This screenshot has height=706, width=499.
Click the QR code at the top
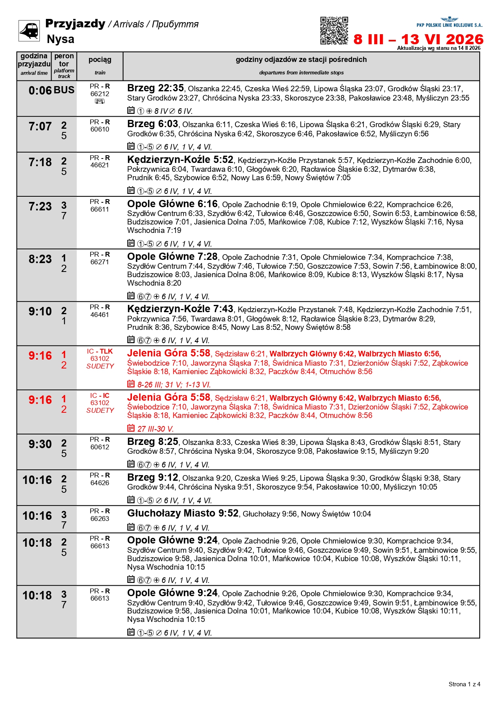(x=334, y=31)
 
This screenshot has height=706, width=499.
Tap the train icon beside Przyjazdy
(x=29, y=31)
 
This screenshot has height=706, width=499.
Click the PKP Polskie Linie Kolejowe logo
(x=449, y=22)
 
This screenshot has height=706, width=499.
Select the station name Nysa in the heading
(x=60, y=39)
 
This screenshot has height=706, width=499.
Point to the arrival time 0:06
(x=40, y=91)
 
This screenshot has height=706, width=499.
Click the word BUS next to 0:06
(x=64, y=90)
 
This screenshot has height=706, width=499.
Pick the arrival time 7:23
(x=40, y=207)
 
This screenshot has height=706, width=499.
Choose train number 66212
(x=100, y=94)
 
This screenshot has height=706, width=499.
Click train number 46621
(x=100, y=165)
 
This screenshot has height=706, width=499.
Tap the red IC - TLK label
(x=100, y=351)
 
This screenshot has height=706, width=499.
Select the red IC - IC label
(x=100, y=395)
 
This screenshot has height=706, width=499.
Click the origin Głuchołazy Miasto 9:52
(x=183, y=513)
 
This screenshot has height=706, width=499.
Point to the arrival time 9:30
(x=40, y=444)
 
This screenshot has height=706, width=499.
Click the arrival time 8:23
(x=40, y=259)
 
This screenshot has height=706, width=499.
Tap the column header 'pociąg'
(x=100, y=60)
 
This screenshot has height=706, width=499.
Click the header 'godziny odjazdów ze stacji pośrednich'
(x=301, y=60)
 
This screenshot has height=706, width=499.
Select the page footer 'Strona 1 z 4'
(x=464, y=684)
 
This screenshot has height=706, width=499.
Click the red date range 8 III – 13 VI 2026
(x=418, y=39)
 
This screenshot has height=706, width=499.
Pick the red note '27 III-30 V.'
(x=155, y=429)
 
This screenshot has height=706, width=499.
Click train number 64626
(x=100, y=483)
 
